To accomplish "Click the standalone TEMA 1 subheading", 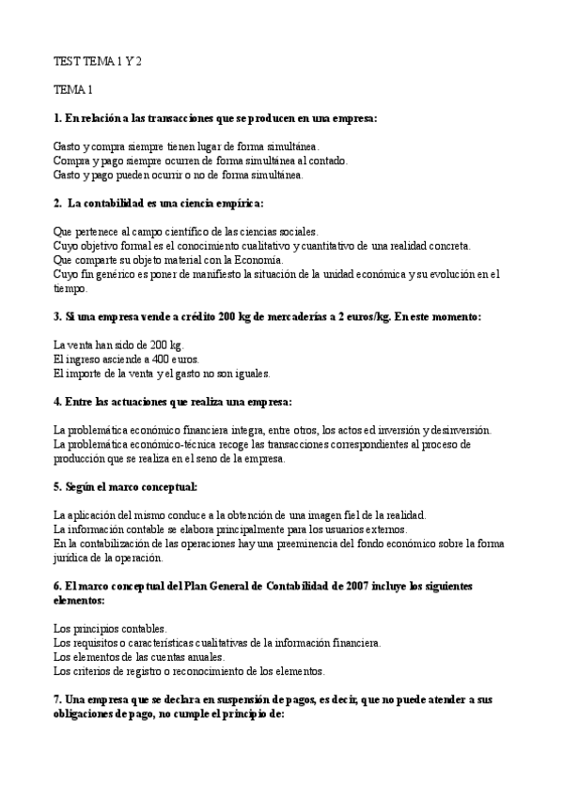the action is click(73, 90).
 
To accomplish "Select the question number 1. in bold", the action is click(58, 118).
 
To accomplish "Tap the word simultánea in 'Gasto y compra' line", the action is click(290, 146).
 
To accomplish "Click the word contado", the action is click(325, 161).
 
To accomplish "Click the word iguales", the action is click(246, 374).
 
